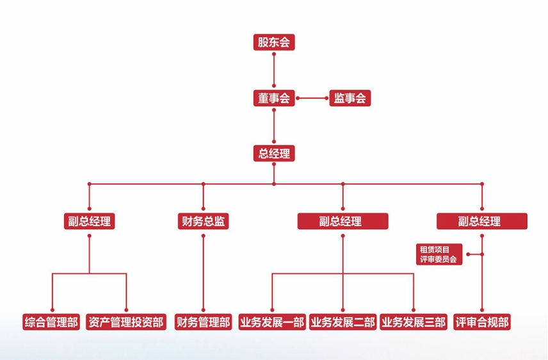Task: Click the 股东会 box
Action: [274, 43]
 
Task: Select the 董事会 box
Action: [274, 98]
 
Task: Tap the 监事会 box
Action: [350, 98]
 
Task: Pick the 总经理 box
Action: [274, 154]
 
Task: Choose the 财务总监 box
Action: [204, 222]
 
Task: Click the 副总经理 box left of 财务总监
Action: [90, 222]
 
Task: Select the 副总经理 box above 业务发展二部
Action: [342, 222]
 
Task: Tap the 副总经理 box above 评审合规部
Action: [482, 222]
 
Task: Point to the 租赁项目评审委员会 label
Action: [440, 254]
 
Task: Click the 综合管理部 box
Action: [51, 322]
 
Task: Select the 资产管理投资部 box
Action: [126, 322]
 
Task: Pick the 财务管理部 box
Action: [204, 322]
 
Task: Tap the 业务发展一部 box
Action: [272, 322]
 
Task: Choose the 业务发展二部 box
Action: [342, 322]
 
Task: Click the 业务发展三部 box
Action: [413, 322]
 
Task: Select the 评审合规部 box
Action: [482, 322]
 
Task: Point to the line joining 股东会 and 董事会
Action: [274, 70]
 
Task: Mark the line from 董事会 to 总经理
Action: [274, 126]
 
